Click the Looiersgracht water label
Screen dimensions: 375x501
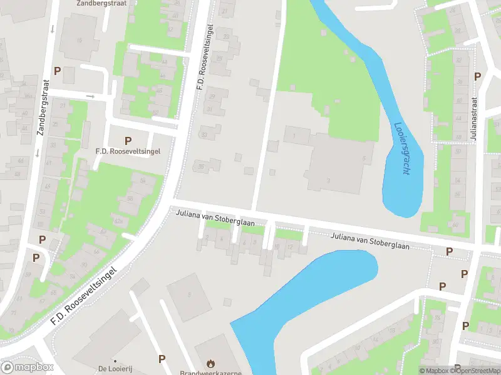click(401, 147)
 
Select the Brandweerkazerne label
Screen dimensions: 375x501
click(210, 373)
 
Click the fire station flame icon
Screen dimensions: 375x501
click(211, 362)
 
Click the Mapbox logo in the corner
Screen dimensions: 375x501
click(27, 367)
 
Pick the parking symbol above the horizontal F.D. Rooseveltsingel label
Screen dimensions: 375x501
click(128, 141)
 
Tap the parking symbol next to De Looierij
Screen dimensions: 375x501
click(162, 359)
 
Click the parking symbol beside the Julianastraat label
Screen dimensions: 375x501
click(477, 76)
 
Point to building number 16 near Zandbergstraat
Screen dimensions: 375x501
click(79, 41)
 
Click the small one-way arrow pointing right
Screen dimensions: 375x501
click(91, 96)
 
